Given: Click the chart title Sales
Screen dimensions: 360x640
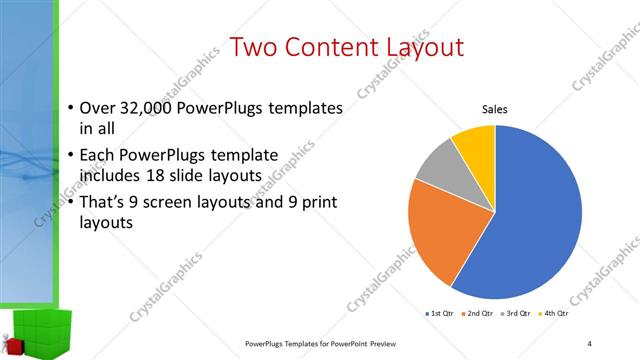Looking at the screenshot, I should (496, 110).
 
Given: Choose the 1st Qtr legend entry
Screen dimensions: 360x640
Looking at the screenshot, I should (441, 314).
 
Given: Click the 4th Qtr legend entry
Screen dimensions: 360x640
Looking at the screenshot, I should (554, 314).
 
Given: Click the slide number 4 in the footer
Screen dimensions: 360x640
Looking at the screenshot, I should (590, 344).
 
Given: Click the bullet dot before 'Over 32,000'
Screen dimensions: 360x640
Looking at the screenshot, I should (70, 108).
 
